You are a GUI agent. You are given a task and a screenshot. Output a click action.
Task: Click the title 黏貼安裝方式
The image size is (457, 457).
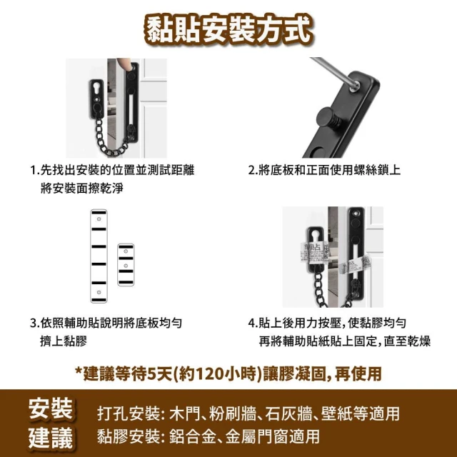(x=228, y=31)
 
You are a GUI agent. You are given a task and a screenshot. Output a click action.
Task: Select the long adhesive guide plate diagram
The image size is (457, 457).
(x=99, y=256)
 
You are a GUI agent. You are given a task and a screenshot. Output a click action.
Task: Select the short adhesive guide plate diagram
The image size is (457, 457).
(x=126, y=265)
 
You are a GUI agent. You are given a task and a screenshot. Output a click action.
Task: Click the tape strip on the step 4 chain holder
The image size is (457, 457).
(x=315, y=253)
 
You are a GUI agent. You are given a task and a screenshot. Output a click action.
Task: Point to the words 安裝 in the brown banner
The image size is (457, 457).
(x=51, y=408)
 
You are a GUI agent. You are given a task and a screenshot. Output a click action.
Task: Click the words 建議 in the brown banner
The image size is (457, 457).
(x=51, y=438)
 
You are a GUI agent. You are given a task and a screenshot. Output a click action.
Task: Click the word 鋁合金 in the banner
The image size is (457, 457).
(x=193, y=436)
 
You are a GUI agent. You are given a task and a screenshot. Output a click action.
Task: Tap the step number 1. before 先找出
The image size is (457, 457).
(x=35, y=170)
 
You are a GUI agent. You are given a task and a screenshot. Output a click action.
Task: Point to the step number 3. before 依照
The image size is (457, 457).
(x=35, y=323)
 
